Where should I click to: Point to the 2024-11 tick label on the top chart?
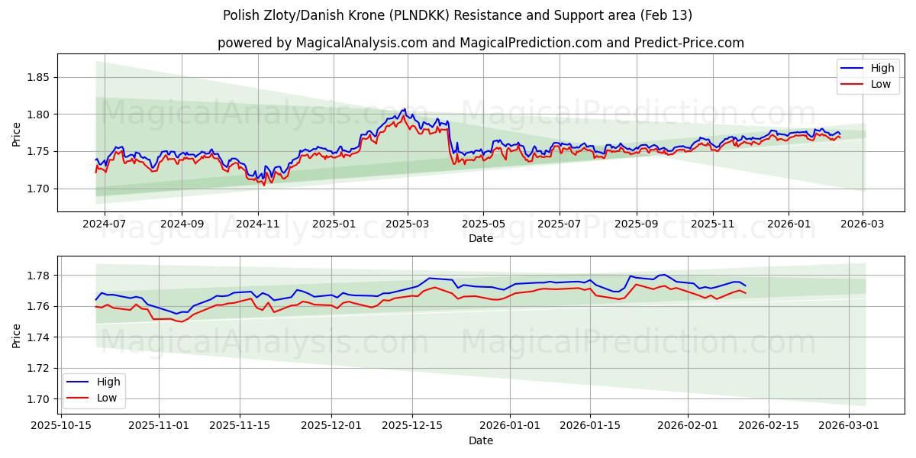coord(258,224)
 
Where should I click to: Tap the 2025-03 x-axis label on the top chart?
coord(408,224)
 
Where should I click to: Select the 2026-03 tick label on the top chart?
coord(863,224)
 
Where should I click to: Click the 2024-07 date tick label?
coord(104,224)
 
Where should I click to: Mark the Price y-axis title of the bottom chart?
coord(17,336)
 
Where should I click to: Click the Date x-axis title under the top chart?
coord(481,238)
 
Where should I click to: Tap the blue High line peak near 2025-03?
coord(405,109)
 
